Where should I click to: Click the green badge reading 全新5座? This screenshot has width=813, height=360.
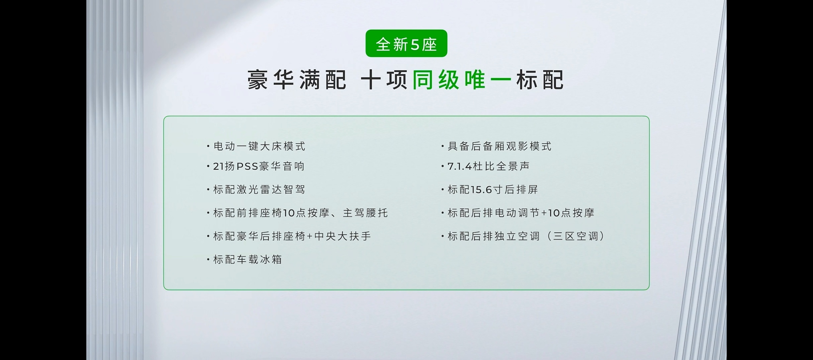click(406, 43)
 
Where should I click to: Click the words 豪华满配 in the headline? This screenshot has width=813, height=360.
click(297, 80)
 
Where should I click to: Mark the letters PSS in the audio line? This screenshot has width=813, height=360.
click(248, 166)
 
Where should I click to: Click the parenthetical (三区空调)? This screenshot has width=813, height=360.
click(575, 236)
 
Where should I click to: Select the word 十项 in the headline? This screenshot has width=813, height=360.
click(384, 80)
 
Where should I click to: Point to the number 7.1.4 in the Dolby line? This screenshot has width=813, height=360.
click(459, 166)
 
